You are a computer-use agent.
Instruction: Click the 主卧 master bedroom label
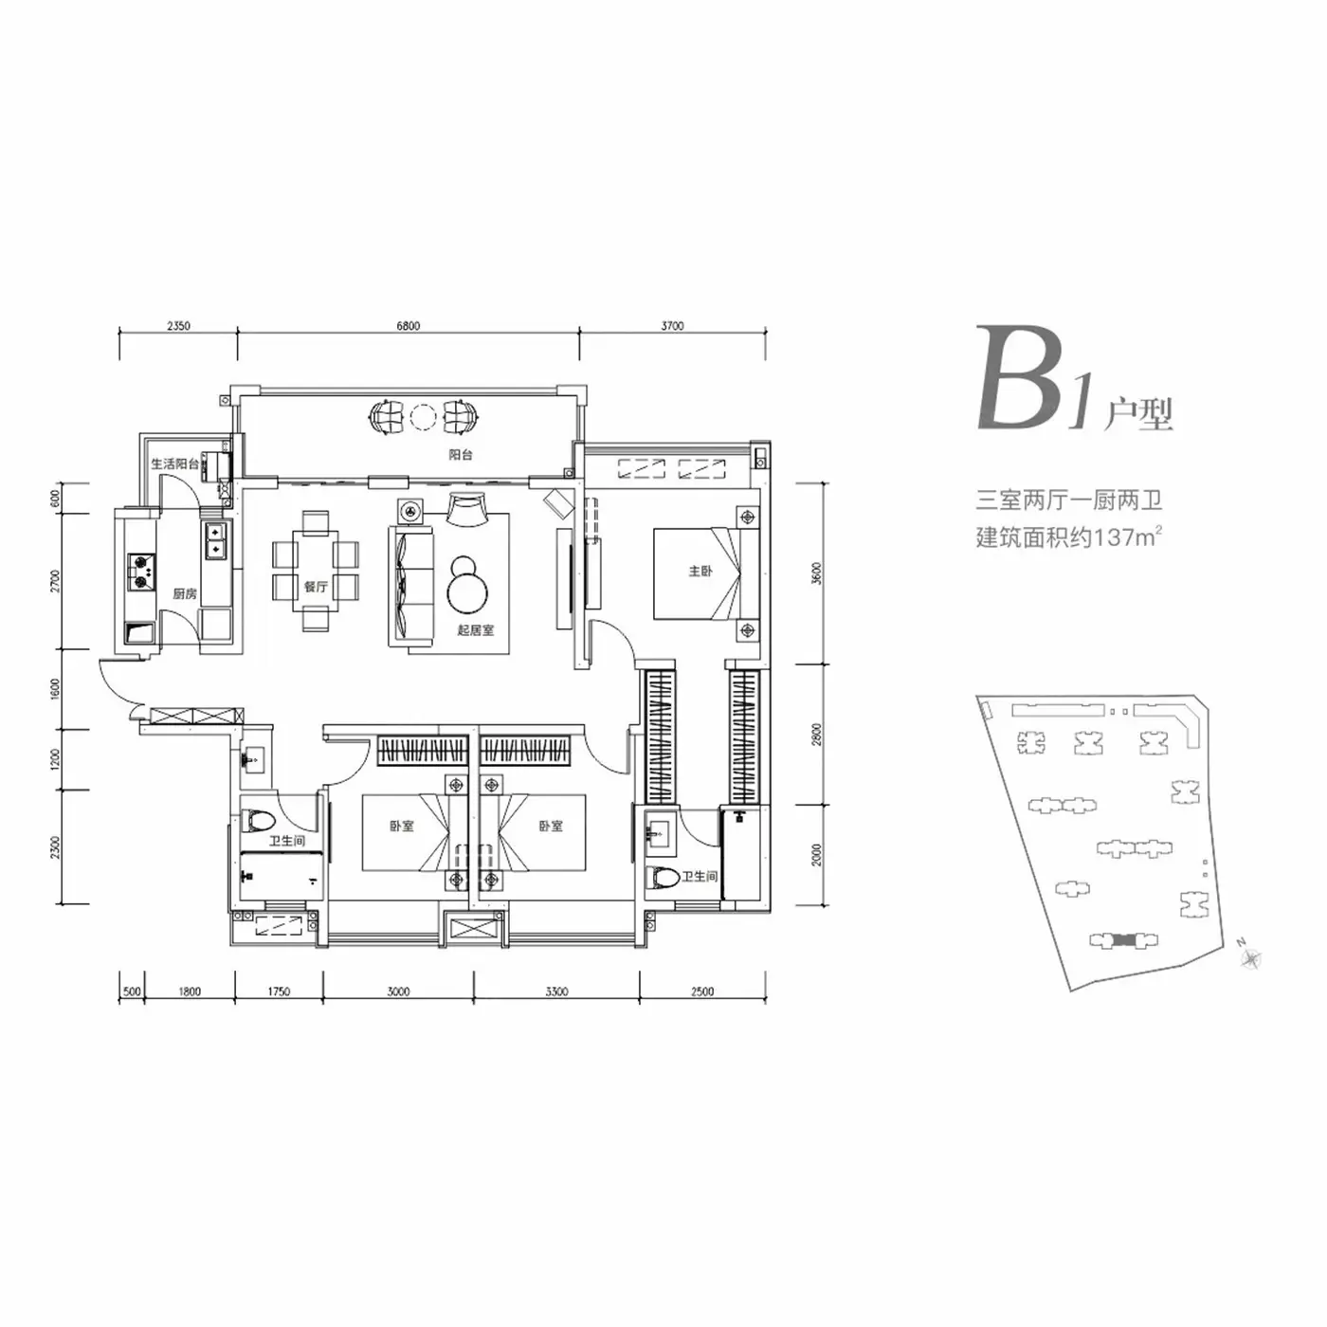pyautogui.click(x=700, y=571)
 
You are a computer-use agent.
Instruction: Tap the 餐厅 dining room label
pyautogui.click(x=316, y=587)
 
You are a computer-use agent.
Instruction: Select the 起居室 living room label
pyautogui.click(x=476, y=630)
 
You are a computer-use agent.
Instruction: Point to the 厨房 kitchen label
pyautogui.click(x=185, y=593)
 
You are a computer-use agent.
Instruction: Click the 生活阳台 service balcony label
pyautogui.click(x=175, y=464)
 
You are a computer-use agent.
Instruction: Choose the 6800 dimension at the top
pyautogui.click(x=408, y=326)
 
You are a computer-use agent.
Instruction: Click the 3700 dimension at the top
pyautogui.click(x=672, y=326)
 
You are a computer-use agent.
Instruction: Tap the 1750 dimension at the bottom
pyautogui.click(x=279, y=991)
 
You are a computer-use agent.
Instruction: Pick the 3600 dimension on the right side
pyautogui.click(x=817, y=573)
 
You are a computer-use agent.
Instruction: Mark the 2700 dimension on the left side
pyautogui.click(x=55, y=580)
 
